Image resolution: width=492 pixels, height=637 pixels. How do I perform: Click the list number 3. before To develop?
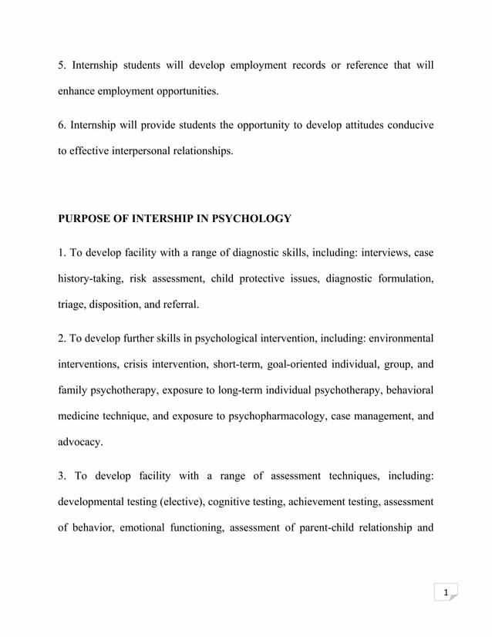point(63,476)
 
